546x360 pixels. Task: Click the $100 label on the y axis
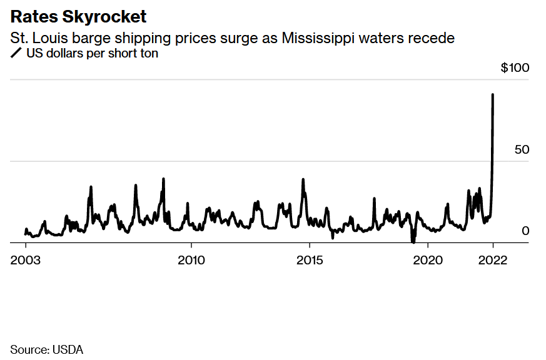click(515, 67)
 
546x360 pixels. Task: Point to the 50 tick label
click(522, 150)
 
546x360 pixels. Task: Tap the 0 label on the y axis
click(525, 231)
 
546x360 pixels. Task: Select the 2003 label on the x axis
click(26, 260)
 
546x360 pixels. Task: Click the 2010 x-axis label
click(191, 260)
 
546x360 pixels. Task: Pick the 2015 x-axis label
click(310, 260)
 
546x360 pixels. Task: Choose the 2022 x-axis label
click(493, 260)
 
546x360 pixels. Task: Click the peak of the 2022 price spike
click(493, 95)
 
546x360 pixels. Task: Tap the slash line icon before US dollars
click(16, 54)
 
